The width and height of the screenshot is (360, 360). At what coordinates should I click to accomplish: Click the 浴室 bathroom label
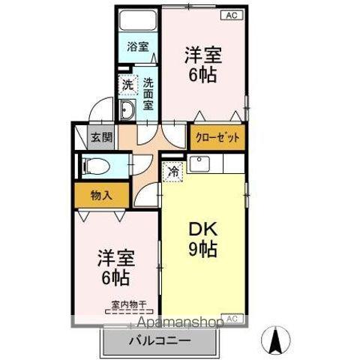[x=137, y=46]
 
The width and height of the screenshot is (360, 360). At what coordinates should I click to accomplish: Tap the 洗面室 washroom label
[x=148, y=93]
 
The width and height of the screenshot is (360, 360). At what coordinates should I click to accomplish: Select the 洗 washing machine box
[x=127, y=85]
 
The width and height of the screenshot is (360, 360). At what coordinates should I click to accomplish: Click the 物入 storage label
[x=101, y=196]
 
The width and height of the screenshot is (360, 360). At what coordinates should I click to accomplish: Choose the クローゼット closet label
[x=217, y=137]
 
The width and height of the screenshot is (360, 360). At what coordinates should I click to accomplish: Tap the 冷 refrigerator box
[x=172, y=172]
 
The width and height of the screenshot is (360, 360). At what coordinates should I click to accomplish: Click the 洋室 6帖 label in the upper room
[x=203, y=64]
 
